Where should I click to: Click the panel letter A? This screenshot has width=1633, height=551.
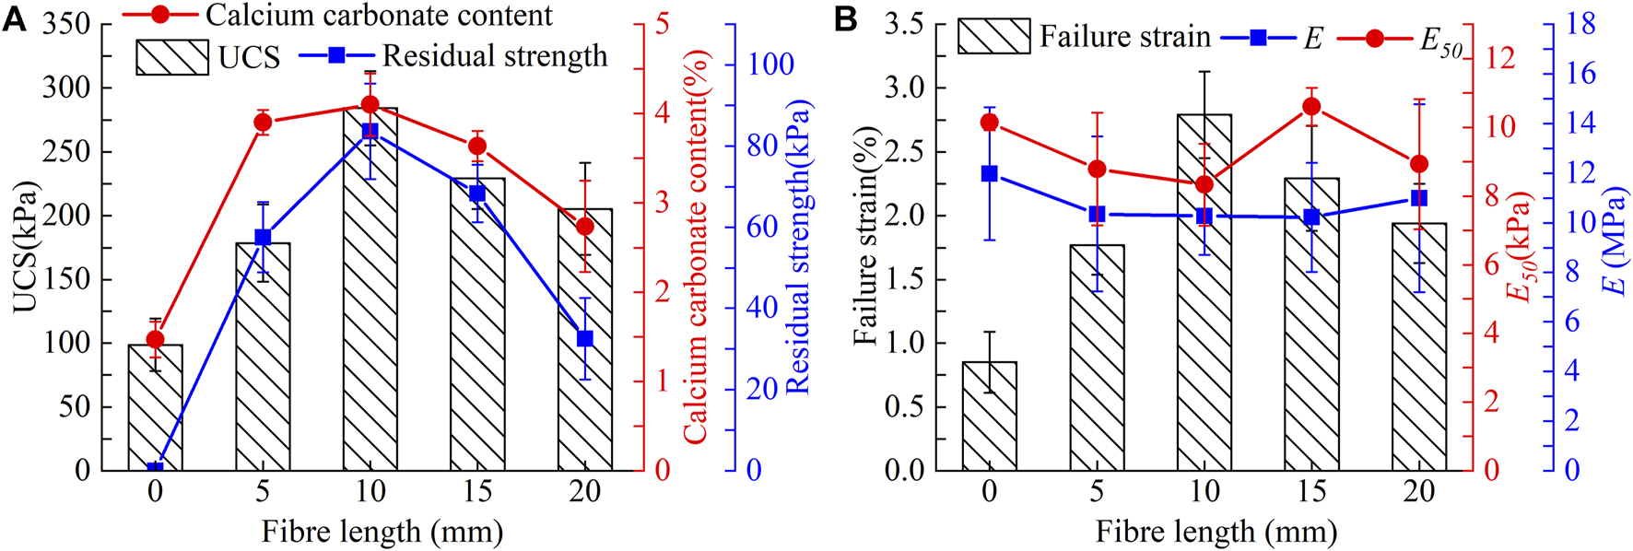[14, 18]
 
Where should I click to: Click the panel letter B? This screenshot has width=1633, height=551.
[845, 18]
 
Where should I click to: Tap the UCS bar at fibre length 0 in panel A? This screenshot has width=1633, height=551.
[155, 410]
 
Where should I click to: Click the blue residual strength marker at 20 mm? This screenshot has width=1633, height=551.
[584, 339]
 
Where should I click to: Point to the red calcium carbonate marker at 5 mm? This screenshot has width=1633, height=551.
[263, 123]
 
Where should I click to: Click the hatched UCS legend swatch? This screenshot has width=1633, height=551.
[171, 56]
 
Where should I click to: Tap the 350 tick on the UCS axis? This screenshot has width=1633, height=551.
[65, 24]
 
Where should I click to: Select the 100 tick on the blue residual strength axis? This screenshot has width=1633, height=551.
[770, 64]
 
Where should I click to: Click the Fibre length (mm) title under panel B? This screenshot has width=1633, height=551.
[1216, 532]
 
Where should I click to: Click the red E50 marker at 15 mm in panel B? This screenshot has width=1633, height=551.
[1311, 107]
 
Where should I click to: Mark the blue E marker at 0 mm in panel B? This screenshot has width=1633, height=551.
[990, 173]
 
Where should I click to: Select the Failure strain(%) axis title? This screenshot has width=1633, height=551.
[865, 236]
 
